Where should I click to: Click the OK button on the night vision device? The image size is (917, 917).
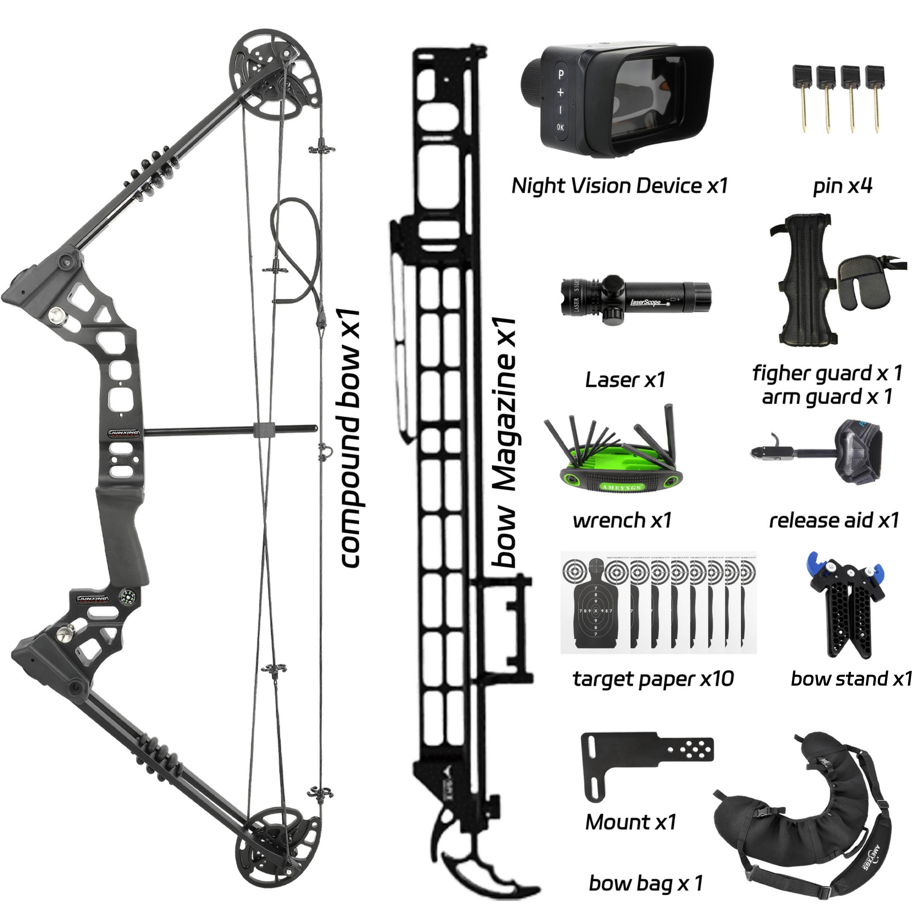(x=561, y=127)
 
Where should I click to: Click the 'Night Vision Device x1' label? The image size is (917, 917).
(x=619, y=186)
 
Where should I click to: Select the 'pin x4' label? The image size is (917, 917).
(x=842, y=186)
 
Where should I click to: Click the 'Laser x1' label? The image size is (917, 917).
(x=625, y=380)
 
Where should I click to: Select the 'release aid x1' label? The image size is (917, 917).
(x=834, y=521)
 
